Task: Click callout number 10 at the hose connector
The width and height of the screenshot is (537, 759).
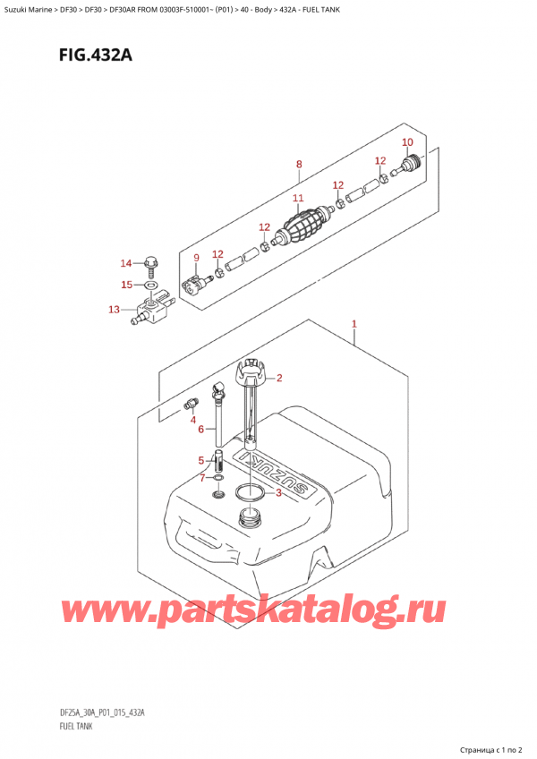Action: [406, 142]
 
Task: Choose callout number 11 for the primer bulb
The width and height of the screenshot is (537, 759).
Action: [298, 198]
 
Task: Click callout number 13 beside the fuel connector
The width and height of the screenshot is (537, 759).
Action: [113, 310]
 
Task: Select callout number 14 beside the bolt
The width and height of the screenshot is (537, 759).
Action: [125, 262]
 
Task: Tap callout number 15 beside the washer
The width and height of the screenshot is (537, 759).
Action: [126, 285]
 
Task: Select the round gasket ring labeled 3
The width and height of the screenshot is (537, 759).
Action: [251, 491]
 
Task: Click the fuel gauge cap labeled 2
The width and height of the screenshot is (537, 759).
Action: [250, 370]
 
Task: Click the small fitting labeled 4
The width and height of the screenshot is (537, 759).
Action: [191, 404]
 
